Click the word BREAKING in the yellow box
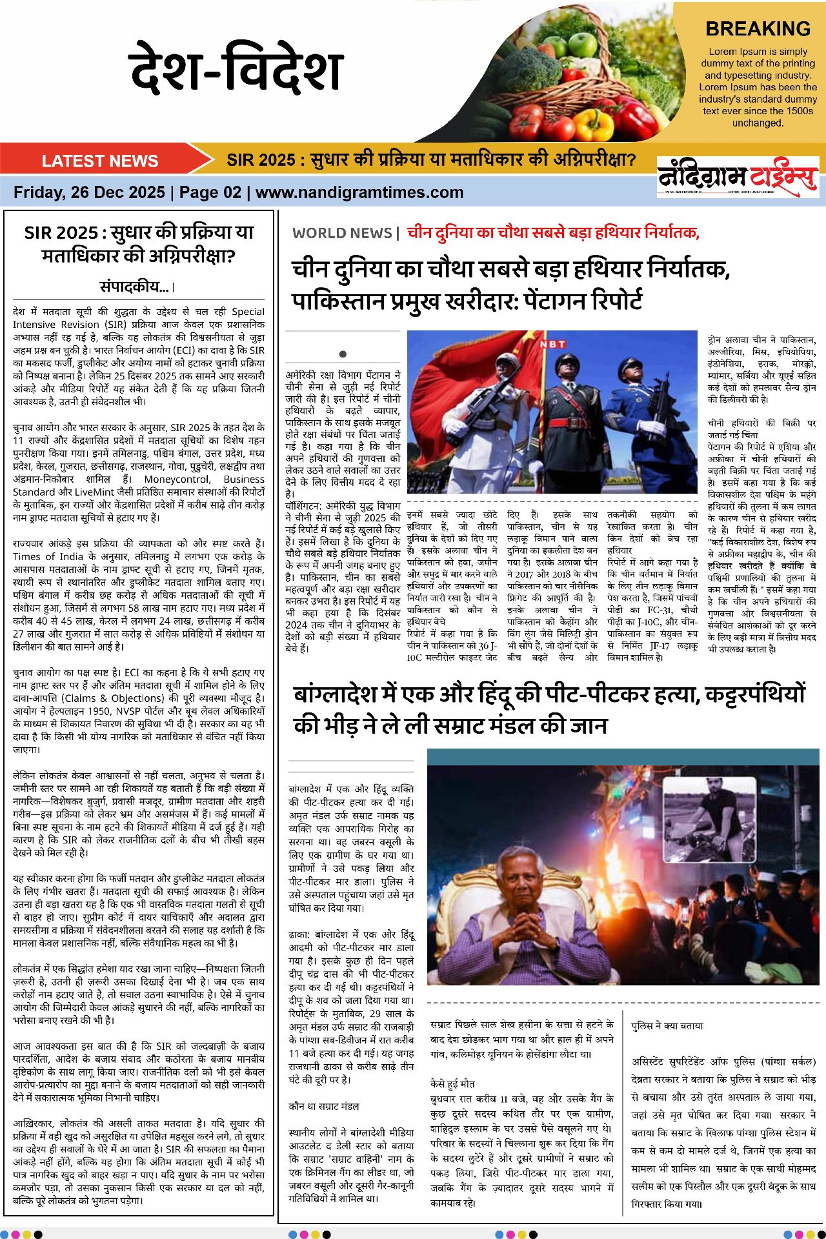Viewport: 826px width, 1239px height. [758, 29]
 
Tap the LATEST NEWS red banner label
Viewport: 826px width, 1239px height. [100, 161]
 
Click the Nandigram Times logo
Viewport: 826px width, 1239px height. [738, 176]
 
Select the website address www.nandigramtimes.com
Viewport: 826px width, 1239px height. [359, 192]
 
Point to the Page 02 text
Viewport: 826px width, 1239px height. [210, 192]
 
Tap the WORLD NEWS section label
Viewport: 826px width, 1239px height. [342, 233]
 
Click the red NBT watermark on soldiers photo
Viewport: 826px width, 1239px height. [552, 344]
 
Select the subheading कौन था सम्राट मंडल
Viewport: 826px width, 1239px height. [324, 1106]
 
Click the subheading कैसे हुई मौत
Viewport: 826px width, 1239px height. [452, 1083]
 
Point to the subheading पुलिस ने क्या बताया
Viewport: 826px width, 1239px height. [667, 1025]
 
